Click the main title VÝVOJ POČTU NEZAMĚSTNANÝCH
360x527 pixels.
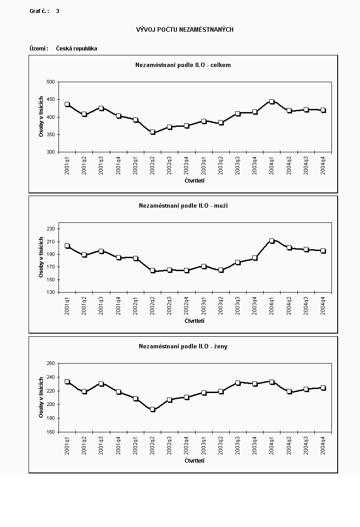[x=184, y=29]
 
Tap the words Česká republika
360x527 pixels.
[x=76, y=48]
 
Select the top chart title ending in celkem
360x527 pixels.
[x=183, y=65]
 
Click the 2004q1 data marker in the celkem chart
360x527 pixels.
[x=272, y=102]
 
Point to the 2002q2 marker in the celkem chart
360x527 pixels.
[x=152, y=132]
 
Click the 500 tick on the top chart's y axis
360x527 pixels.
[x=50, y=82]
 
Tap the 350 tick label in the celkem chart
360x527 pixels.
[x=50, y=134]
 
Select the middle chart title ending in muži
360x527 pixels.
[x=183, y=206]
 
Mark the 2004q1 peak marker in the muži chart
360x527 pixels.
[x=272, y=241]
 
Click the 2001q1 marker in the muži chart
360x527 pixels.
[x=67, y=246]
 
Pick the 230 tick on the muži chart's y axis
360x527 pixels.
[x=50, y=229]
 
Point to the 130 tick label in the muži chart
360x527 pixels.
[x=50, y=292]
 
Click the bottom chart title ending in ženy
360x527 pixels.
[x=183, y=346]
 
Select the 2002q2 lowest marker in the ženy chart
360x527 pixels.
[x=152, y=409]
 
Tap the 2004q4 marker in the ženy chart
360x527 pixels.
[x=323, y=388]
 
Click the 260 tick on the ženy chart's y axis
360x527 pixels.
[x=50, y=364]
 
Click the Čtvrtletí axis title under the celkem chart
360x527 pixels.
[x=194, y=181]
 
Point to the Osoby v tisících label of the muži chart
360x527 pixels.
[x=41, y=257]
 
